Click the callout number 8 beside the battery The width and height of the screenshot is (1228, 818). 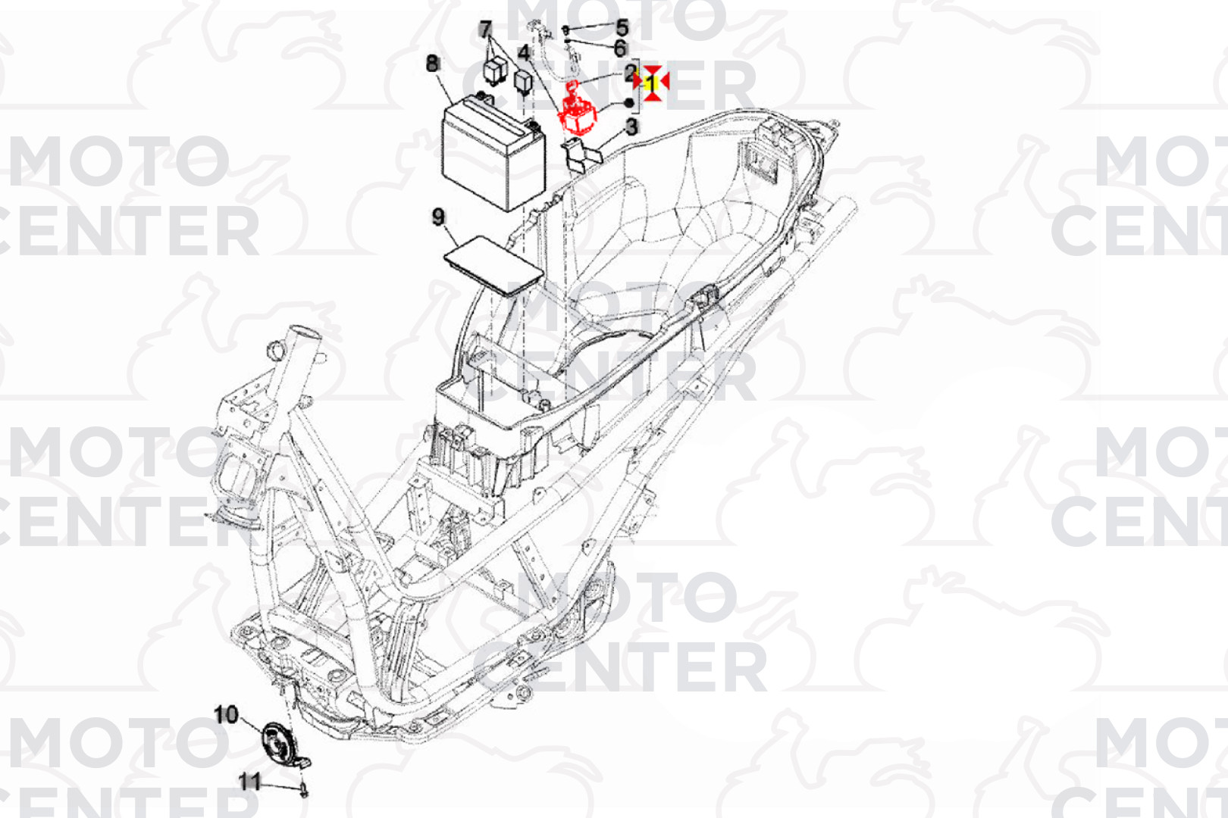(433, 64)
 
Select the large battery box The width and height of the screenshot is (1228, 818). (493, 151)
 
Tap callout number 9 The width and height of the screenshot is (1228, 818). (438, 217)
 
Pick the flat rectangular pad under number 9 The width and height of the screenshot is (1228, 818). (493, 266)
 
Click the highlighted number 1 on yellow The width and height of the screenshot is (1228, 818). (651, 83)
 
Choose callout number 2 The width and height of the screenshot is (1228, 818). (631, 73)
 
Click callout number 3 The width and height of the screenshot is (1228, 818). (632, 127)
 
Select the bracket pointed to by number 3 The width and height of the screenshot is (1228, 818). (582, 155)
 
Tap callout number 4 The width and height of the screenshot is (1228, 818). (524, 53)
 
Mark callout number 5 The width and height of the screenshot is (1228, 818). (622, 27)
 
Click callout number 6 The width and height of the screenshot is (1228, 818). (620, 48)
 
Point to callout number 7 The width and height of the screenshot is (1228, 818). (485, 30)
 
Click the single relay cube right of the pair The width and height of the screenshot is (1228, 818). (524, 82)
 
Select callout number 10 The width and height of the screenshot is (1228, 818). (226, 714)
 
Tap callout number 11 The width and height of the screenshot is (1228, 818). (250, 782)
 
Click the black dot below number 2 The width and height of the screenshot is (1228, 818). (629, 103)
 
